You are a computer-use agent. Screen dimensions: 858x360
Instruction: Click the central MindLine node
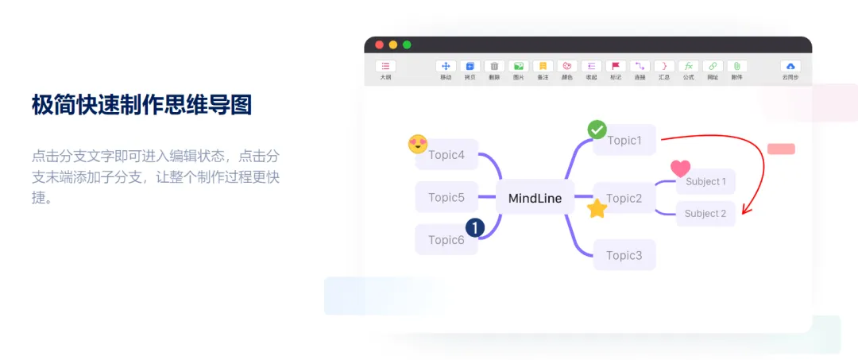535,198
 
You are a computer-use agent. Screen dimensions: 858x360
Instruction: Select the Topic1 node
624,141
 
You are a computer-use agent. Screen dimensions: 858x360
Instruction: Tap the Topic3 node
624,255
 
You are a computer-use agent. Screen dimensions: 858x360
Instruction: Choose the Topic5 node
446,197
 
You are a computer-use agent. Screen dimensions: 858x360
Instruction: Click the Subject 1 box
705,181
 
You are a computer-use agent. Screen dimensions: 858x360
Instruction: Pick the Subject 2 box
705,213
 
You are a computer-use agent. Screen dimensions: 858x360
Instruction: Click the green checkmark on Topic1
597,129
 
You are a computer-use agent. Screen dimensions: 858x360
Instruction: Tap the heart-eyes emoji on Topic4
418,144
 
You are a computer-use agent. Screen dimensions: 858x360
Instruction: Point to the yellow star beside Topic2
597,209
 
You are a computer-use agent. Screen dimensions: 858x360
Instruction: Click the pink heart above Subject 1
680,168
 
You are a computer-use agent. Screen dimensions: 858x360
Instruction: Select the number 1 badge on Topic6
475,228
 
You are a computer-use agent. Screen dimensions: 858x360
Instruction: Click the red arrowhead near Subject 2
745,211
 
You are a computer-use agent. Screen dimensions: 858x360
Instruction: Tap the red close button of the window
379,45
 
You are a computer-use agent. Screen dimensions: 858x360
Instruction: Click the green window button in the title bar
407,45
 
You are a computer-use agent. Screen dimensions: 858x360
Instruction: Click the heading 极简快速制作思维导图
141,104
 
